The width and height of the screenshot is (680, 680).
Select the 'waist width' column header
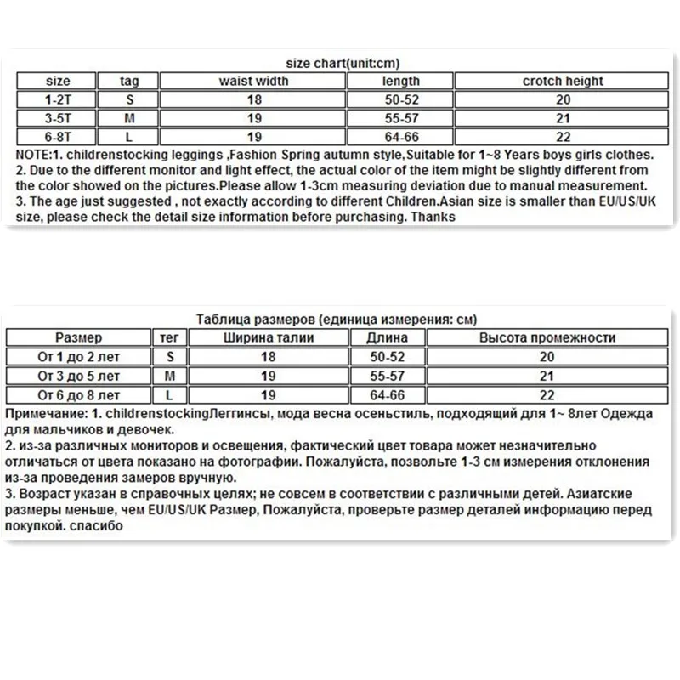253,82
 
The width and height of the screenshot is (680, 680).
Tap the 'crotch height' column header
562,82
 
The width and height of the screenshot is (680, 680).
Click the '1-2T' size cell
57,99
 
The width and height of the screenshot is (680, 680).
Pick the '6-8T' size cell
57,135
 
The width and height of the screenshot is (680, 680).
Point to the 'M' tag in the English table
129,117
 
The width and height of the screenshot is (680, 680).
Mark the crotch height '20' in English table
562,99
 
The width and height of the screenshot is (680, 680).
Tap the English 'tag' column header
129,82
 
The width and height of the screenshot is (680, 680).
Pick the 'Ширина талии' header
268,338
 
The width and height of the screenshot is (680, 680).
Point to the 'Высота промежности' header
547,338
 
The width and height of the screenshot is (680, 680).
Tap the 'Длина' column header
387,338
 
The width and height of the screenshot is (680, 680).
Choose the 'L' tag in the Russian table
170,395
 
